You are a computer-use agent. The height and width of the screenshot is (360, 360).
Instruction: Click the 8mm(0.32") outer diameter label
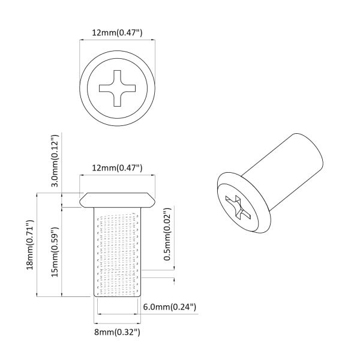pyautogui.click(x=117, y=331)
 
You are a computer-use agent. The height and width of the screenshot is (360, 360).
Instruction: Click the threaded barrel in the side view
pyautogui.click(x=118, y=252)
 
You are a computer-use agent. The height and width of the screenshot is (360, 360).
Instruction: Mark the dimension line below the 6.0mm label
pyautogui.click(x=118, y=314)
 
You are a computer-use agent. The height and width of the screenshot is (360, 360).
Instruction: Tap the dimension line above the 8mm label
pyautogui.click(x=118, y=323)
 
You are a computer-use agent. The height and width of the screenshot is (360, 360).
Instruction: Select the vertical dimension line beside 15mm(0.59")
pyautogui.click(x=63, y=252)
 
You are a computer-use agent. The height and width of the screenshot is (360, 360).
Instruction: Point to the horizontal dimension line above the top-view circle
pyautogui.click(x=118, y=40)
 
